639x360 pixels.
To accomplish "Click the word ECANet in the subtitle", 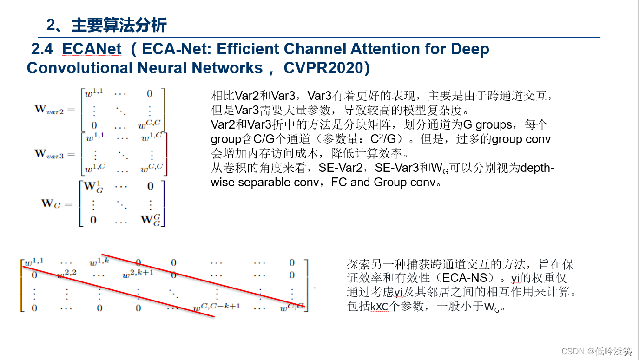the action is tap(92, 49).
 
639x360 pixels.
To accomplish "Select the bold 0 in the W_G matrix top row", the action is tap(150, 186).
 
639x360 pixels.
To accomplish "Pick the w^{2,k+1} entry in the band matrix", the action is tap(138, 274).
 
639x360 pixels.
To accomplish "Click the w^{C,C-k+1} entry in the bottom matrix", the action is tap(217, 307).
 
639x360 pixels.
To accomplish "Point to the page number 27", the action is tap(628, 354).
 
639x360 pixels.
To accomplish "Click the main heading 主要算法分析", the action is tap(119, 25).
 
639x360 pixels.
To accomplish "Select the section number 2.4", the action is tap(42, 49).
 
